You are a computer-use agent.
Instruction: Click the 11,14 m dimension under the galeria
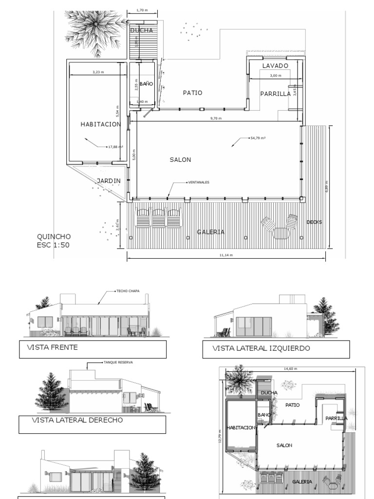[x=225, y=255]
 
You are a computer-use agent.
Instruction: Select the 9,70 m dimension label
[x=216, y=118]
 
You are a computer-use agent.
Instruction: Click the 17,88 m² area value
[x=115, y=146]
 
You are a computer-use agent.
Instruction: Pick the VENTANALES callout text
[x=199, y=182]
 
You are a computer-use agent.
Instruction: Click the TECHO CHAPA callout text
[x=128, y=291]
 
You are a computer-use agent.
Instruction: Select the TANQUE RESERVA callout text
[x=118, y=363]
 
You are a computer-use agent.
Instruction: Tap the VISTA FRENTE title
[x=54, y=348]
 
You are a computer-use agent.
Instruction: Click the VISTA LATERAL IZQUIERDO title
[x=261, y=348]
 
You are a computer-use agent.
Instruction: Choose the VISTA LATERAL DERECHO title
[x=77, y=420]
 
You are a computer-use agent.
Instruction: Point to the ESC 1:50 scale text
[x=53, y=245]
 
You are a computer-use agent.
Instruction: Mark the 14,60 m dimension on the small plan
[x=291, y=369]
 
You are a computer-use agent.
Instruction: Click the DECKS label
[x=314, y=222]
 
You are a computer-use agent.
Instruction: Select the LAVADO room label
[x=275, y=65]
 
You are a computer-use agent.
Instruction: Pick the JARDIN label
[x=108, y=181]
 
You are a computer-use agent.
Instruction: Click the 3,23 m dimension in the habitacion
[x=98, y=72]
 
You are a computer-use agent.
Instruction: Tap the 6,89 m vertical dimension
[x=327, y=187]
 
